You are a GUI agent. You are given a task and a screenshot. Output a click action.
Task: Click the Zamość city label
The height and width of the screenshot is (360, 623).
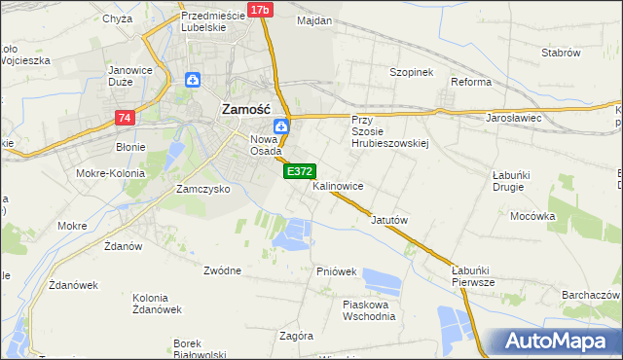coord(252,110)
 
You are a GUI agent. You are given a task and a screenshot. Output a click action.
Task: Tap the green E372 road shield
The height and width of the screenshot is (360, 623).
coord(298,171)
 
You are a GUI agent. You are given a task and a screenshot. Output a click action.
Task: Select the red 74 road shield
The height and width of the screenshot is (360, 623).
coord(124,118)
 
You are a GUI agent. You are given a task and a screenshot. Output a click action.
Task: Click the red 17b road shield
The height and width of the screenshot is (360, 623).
coord(259,10)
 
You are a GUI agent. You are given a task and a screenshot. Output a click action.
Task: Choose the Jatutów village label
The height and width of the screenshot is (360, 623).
coord(388,221)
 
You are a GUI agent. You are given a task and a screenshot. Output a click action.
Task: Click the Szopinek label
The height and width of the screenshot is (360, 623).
coord(411,73)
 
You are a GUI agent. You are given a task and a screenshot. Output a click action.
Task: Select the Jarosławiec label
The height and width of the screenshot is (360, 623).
coord(513,118)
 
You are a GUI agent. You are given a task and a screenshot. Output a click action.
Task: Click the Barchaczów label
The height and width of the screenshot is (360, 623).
coord(591,295)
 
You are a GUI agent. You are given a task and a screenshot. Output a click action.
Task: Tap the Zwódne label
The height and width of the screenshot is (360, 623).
coord(222,270)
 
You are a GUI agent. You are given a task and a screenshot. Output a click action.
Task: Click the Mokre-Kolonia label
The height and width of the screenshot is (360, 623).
coord(114,173)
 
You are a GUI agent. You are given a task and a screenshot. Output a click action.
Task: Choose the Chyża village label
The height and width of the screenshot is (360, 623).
coord(117,18)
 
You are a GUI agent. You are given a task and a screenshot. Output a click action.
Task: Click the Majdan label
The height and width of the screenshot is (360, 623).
coord(314,20)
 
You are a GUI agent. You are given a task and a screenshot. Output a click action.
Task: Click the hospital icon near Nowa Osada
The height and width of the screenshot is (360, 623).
coord(280,126)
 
